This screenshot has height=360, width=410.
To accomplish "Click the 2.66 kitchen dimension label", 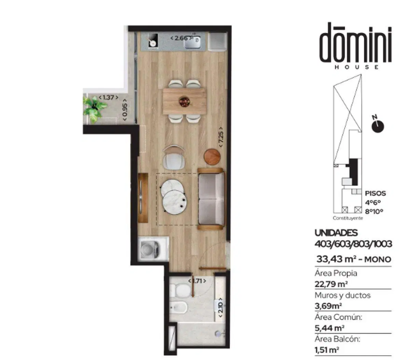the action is coord(181,38).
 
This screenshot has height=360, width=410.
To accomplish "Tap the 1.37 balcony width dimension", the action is coord(108,98).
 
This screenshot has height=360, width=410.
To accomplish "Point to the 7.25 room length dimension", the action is coord(221,137).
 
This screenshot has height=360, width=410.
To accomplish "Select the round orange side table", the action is coord(212,157).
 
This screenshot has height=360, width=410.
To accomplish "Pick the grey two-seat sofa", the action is coord(211,199).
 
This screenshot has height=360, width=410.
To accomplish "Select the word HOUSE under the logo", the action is coord(357,67).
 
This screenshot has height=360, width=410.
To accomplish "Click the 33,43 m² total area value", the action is coord(335,259).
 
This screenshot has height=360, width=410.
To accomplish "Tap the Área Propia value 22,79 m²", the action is coord(331,284).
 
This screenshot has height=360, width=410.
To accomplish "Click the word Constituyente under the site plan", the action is coord(348,218).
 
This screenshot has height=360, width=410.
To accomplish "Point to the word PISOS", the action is coord(375,193).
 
